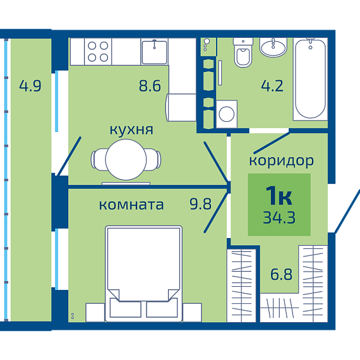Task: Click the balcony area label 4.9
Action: coord(30,86)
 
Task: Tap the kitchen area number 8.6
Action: coord(150,86)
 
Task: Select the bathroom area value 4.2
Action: coord(272,86)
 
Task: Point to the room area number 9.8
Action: coord(200,203)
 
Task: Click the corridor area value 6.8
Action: coord(281,274)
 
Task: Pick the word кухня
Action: coord(131,129)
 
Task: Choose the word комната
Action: coord(131,205)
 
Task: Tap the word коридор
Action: coord(282,160)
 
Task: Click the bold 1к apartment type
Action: coord(279,195)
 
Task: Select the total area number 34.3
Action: coord(279,217)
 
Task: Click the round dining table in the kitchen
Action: coord(126,160)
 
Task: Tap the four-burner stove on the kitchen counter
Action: coord(98,52)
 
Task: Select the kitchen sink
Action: coord(155,52)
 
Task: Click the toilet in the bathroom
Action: coord(243,52)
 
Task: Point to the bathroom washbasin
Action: coord(273,47)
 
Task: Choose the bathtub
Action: coord(310,79)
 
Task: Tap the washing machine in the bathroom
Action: coord(227,114)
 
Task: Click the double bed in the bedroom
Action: coord(144,273)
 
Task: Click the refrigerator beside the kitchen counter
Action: coord(181,107)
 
